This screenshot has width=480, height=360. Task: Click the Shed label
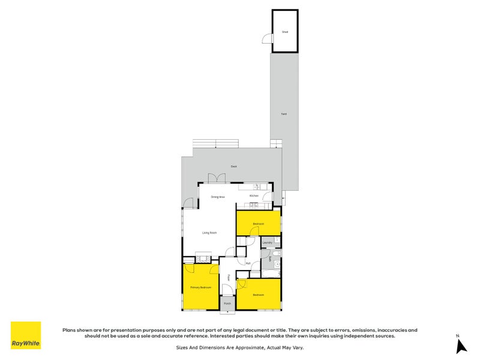[285, 32]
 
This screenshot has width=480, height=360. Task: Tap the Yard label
[283, 113]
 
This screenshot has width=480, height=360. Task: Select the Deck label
[233, 166]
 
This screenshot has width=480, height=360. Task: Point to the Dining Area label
[217, 197]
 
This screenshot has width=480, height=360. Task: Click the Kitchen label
[254, 196]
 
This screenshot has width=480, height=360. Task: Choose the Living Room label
[209, 232]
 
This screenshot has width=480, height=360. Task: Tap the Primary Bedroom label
[200, 287]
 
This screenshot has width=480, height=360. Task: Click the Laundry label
[268, 242]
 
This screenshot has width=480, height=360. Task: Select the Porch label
[227, 304]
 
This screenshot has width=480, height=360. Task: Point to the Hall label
[248, 263]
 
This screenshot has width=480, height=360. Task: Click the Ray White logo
[26, 335]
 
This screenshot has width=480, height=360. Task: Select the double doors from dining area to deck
[216, 179]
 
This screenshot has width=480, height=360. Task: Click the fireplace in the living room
[202, 260]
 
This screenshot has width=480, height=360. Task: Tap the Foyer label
[229, 277]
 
